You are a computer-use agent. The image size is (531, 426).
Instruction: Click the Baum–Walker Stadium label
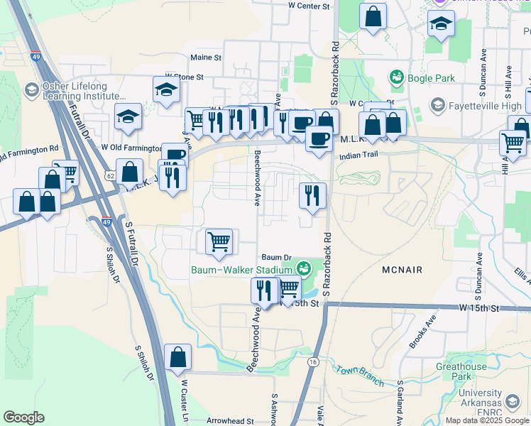tap(242, 269)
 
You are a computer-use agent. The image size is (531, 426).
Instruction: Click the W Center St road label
tap(310, 6)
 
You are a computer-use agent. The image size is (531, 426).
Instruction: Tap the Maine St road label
tap(206, 57)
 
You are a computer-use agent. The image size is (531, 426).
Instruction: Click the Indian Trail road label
tap(356, 155)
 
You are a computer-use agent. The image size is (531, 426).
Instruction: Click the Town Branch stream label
tap(360, 376)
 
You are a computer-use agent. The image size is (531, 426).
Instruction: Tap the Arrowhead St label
tap(230, 420)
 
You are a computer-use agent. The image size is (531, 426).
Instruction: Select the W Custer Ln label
tap(184, 402)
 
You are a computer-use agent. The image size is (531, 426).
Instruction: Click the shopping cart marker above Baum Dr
tap(219, 241)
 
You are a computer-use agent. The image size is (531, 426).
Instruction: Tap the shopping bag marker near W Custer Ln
tap(177, 358)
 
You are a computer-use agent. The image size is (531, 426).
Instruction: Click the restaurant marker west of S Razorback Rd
tap(312, 195)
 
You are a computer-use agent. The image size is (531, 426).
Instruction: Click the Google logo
tap(23, 417)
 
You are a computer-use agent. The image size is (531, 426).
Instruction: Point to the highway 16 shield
tap(312, 361)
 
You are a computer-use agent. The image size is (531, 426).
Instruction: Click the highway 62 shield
tap(109, 175)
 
